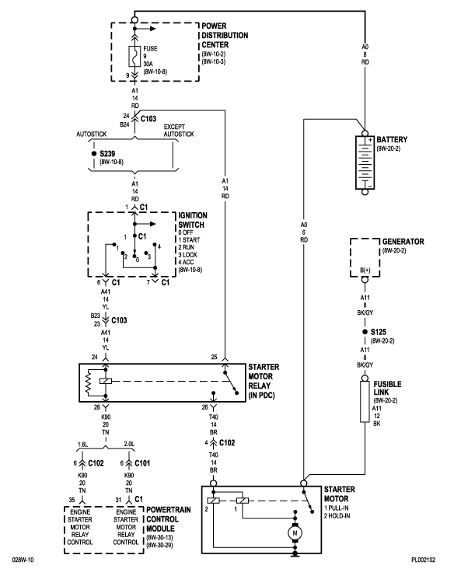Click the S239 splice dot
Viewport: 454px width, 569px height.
point(93,153)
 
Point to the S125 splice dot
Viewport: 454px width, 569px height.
point(364,332)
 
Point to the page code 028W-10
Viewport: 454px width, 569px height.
point(23,558)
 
